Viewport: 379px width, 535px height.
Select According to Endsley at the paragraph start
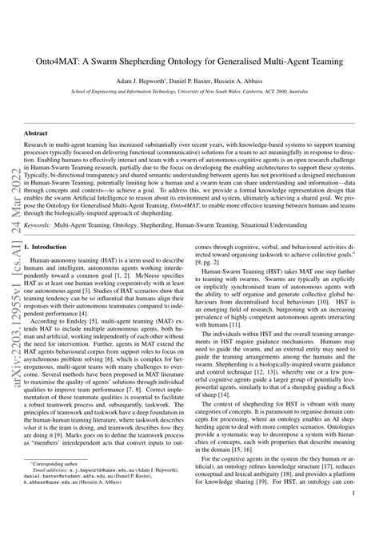56,317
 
